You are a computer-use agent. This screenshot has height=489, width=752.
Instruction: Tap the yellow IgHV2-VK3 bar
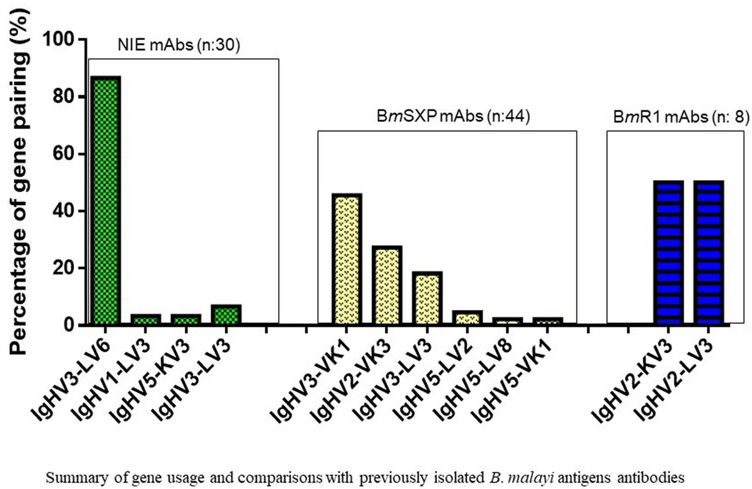[x=387, y=285]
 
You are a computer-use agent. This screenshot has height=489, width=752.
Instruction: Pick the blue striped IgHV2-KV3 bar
[x=668, y=253]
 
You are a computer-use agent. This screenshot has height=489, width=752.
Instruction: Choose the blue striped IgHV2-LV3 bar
[x=708, y=253]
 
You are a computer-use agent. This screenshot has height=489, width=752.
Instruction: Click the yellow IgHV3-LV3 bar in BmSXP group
[x=427, y=298]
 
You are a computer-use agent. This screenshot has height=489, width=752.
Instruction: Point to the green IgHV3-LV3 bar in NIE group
[x=226, y=315]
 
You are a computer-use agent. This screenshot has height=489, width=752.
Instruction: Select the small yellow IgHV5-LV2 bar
[x=467, y=318]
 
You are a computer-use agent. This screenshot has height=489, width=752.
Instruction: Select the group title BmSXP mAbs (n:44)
[x=453, y=116]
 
